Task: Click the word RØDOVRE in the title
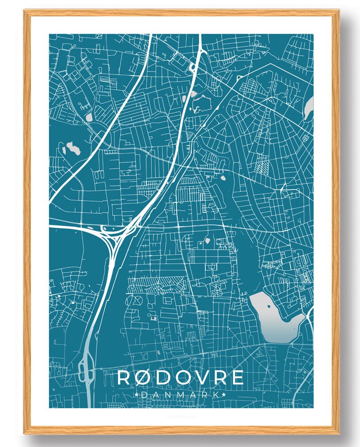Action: pos(181,378)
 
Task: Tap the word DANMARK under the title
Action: pos(181,394)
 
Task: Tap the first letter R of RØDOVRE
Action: pos(124,378)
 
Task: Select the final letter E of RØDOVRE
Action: pos(238,378)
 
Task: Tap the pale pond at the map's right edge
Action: pos(308,108)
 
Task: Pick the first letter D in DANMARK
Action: pos(144,394)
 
